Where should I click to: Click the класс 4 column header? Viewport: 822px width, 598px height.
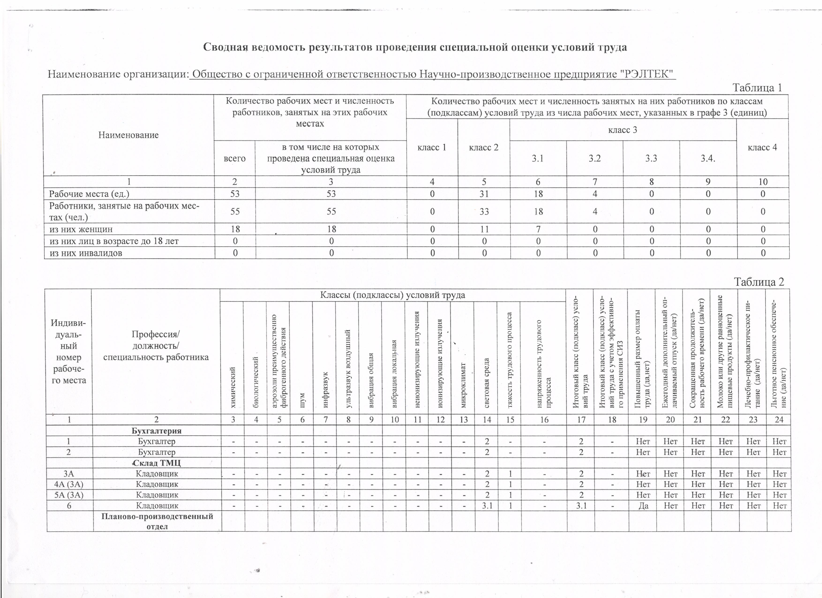coord(762,147)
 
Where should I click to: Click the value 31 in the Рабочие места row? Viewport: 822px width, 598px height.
coord(484,194)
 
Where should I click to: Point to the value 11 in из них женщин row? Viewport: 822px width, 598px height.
coord(484,229)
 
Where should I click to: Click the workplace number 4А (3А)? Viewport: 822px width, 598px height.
coord(69,484)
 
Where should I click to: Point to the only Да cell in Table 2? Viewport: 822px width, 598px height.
coord(643,506)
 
